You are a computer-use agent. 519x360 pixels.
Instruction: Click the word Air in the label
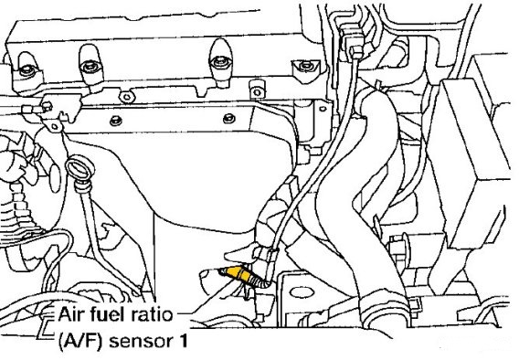(x=69, y=314)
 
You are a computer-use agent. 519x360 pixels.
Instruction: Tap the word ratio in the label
(x=151, y=314)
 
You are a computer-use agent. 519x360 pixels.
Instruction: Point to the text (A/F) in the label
(x=79, y=341)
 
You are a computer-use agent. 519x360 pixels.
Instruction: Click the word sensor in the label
(x=142, y=342)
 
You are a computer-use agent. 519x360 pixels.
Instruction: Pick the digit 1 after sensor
(x=183, y=341)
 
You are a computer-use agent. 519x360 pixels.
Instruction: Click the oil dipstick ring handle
(x=80, y=169)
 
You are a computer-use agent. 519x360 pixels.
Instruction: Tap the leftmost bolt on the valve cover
(x=26, y=70)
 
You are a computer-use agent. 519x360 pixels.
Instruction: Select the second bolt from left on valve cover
(x=90, y=67)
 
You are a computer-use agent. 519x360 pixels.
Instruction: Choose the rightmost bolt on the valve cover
(x=305, y=67)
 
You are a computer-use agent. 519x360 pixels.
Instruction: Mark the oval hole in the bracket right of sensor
(x=302, y=292)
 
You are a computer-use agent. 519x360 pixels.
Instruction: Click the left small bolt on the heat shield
(x=115, y=121)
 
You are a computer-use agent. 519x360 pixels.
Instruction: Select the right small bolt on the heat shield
(x=229, y=119)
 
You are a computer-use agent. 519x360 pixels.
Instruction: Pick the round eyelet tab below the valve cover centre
(x=127, y=97)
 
